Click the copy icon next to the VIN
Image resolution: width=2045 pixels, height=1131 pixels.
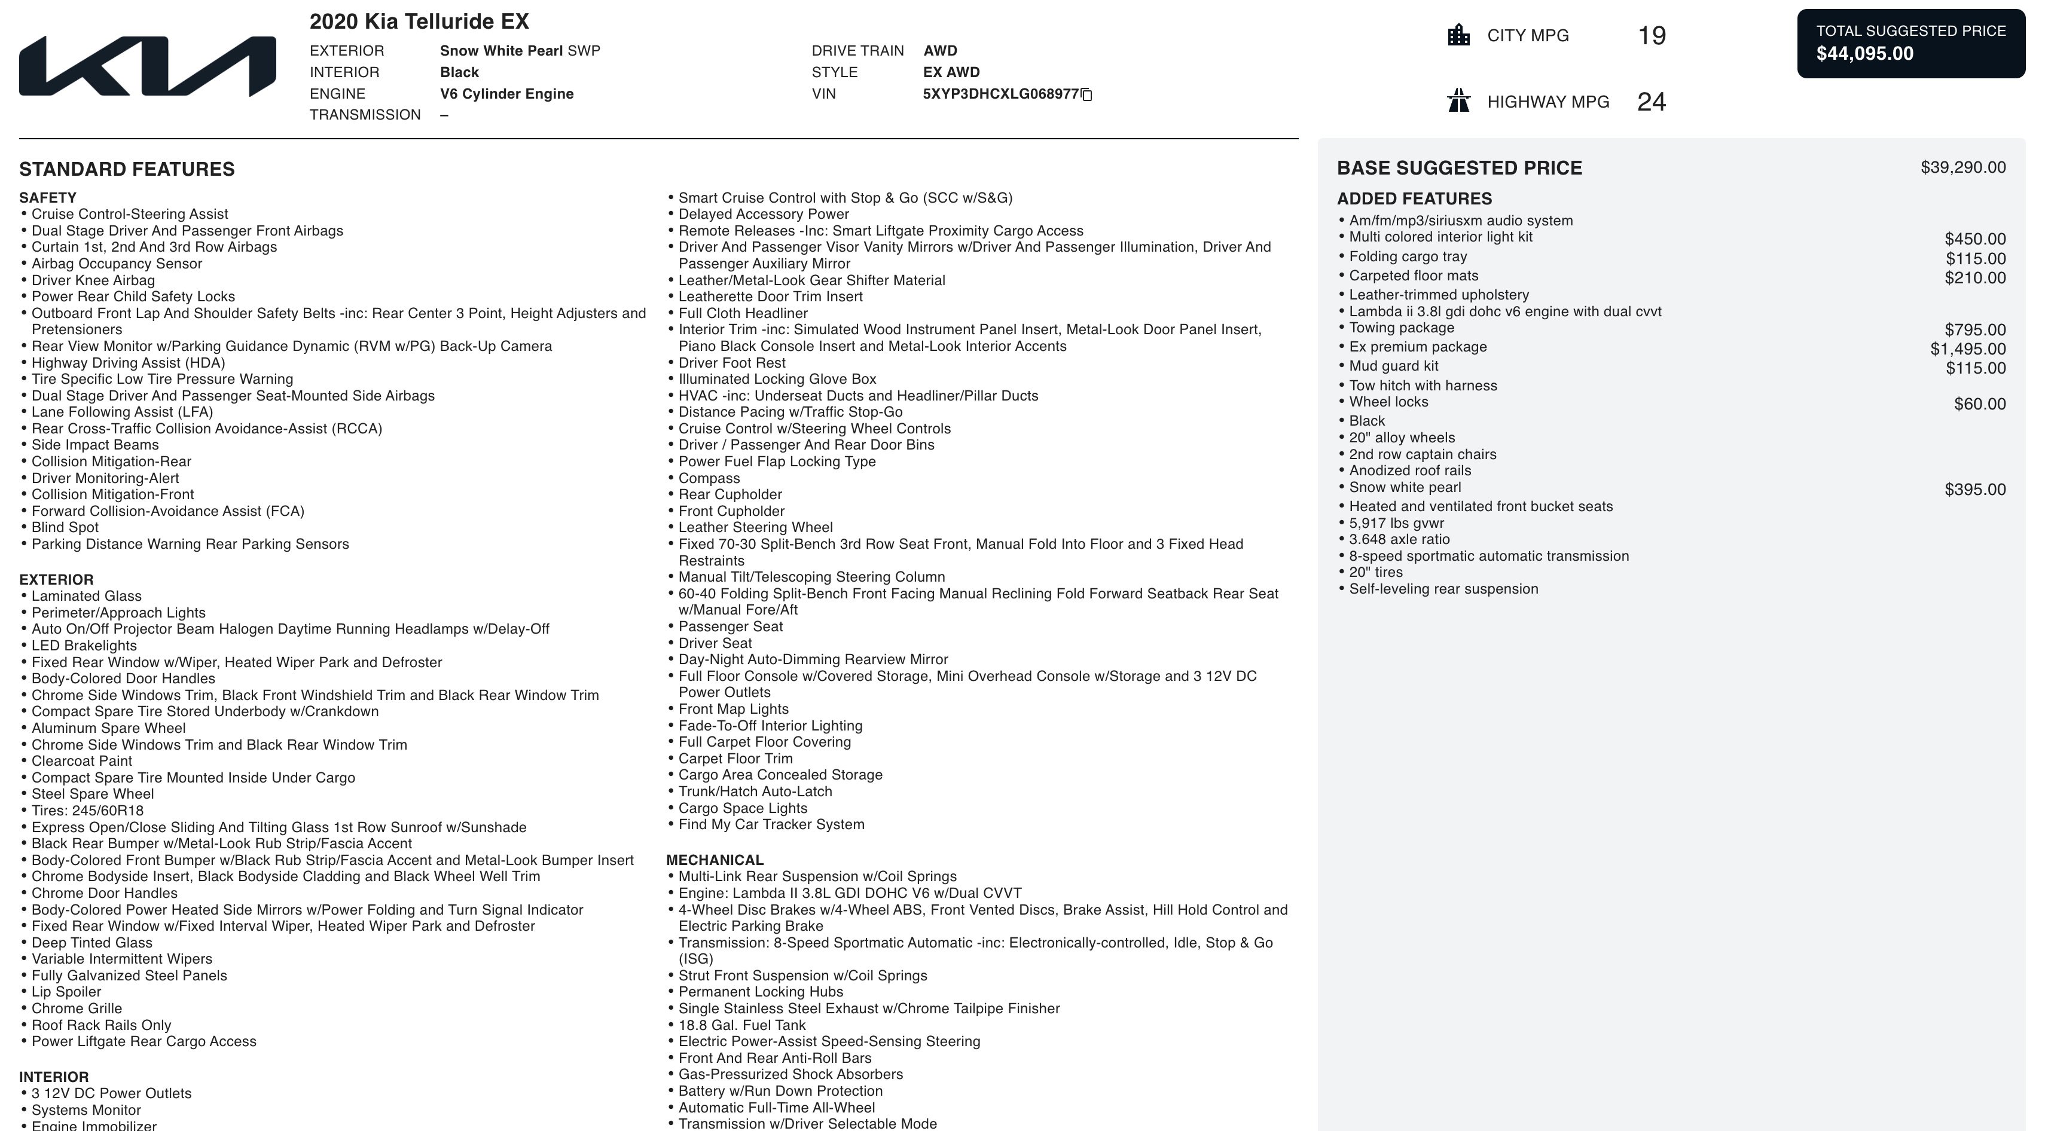click(x=1087, y=95)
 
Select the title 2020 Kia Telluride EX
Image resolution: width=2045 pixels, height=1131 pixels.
click(x=419, y=22)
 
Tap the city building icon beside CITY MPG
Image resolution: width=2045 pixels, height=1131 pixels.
click(x=1458, y=36)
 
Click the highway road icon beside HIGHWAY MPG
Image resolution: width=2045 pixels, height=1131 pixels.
click(x=1458, y=102)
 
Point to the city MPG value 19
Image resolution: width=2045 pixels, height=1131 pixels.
click(x=1651, y=36)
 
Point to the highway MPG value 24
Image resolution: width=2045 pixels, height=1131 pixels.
click(x=1651, y=102)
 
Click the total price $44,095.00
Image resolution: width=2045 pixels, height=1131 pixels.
click(x=1865, y=54)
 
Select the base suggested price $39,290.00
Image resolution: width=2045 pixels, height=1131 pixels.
click(x=1962, y=167)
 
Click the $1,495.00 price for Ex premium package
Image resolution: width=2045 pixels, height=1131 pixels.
click(x=1967, y=349)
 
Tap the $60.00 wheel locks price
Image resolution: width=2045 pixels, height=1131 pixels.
click(x=1979, y=404)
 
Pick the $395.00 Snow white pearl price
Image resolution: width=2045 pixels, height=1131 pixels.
click(x=1974, y=490)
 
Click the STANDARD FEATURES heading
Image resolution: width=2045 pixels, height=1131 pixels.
click(x=127, y=169)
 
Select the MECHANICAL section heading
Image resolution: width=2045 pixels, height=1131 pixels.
click(x=715, y=860)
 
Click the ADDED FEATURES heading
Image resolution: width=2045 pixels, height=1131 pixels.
click(x=1414, y=198)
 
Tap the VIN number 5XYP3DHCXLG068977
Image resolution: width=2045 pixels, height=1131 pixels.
click(x=1000, y=94)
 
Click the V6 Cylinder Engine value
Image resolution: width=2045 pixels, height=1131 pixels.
click(x=506, y=94)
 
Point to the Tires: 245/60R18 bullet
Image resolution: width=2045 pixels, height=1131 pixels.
click(x=87, y=811)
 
